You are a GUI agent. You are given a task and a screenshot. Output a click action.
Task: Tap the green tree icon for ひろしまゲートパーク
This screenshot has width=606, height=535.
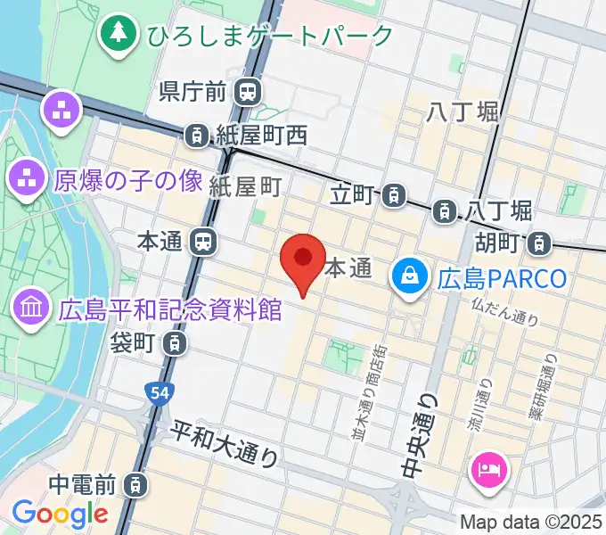click(x=117, y=34)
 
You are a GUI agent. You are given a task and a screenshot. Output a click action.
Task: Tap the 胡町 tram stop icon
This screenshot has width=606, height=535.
click(x=539, y=242)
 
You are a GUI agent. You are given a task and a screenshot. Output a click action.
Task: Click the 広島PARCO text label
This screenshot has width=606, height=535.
click(x=502, y=279)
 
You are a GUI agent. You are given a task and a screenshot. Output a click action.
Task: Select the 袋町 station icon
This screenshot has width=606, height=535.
click(x=176, y=342)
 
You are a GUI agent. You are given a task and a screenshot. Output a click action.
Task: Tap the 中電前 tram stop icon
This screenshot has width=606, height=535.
click(x=134, y=485)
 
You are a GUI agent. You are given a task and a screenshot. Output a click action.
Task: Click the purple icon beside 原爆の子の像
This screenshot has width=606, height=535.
click(x=28, y=180)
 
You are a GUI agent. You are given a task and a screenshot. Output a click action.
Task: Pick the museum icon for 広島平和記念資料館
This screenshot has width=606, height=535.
click(x=31, y=309)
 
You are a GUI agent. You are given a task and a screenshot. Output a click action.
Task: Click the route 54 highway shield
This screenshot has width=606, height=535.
click(x=157, y=392)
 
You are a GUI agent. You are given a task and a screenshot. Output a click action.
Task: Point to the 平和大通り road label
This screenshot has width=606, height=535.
click(x=225, y=440)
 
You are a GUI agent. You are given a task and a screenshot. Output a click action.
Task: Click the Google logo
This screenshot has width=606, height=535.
click(x=60, y=513)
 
